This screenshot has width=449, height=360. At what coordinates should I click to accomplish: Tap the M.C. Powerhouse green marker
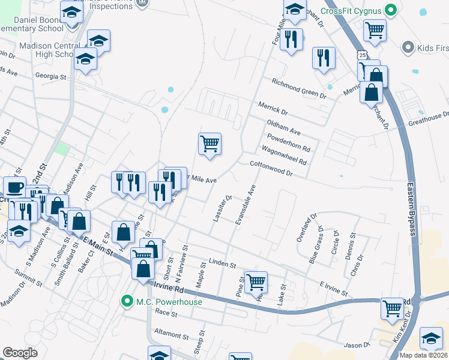tap(127, 301)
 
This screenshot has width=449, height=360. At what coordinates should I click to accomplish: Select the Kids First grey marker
tap(408, 46)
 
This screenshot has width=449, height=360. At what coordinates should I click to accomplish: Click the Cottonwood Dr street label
tap(271, 168)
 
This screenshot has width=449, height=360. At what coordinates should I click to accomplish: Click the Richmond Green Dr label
tap(298, 88)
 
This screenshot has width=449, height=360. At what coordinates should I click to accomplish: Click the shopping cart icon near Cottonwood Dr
tap(209, 144)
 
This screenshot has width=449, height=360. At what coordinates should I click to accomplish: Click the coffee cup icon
tap(14, 187)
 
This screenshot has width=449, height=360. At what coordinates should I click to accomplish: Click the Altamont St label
tap(172, 332)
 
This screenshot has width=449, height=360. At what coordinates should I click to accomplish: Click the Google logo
tap(20, 353)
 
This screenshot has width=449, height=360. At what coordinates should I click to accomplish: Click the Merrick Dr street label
tap(273, 109)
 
